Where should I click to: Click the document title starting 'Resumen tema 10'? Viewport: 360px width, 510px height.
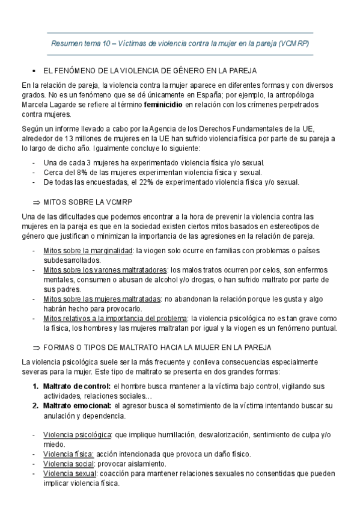point(180,44)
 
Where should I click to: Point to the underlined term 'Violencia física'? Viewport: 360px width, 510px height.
point(68,454)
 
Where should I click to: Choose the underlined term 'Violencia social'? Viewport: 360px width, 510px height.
point(68,464)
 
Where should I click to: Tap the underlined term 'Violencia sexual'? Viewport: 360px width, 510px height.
point(69,473)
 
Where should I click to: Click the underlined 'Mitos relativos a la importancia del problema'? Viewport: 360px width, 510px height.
point(115,318)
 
